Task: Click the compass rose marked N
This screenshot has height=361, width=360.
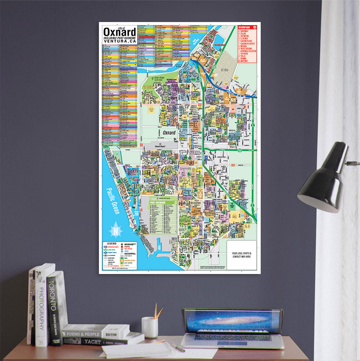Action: pyautogui.click(x=116, y=229)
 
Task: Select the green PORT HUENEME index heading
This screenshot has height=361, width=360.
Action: pyautogui.click(x=158, y=203)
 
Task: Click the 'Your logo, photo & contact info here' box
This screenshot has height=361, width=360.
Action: pyautogui.click(x=241, y=255)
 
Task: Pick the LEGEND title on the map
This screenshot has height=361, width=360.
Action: pyautogui.click(x=108, y=244)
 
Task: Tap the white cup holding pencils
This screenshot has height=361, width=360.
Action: pyautogui.click(x=149, y=327)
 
